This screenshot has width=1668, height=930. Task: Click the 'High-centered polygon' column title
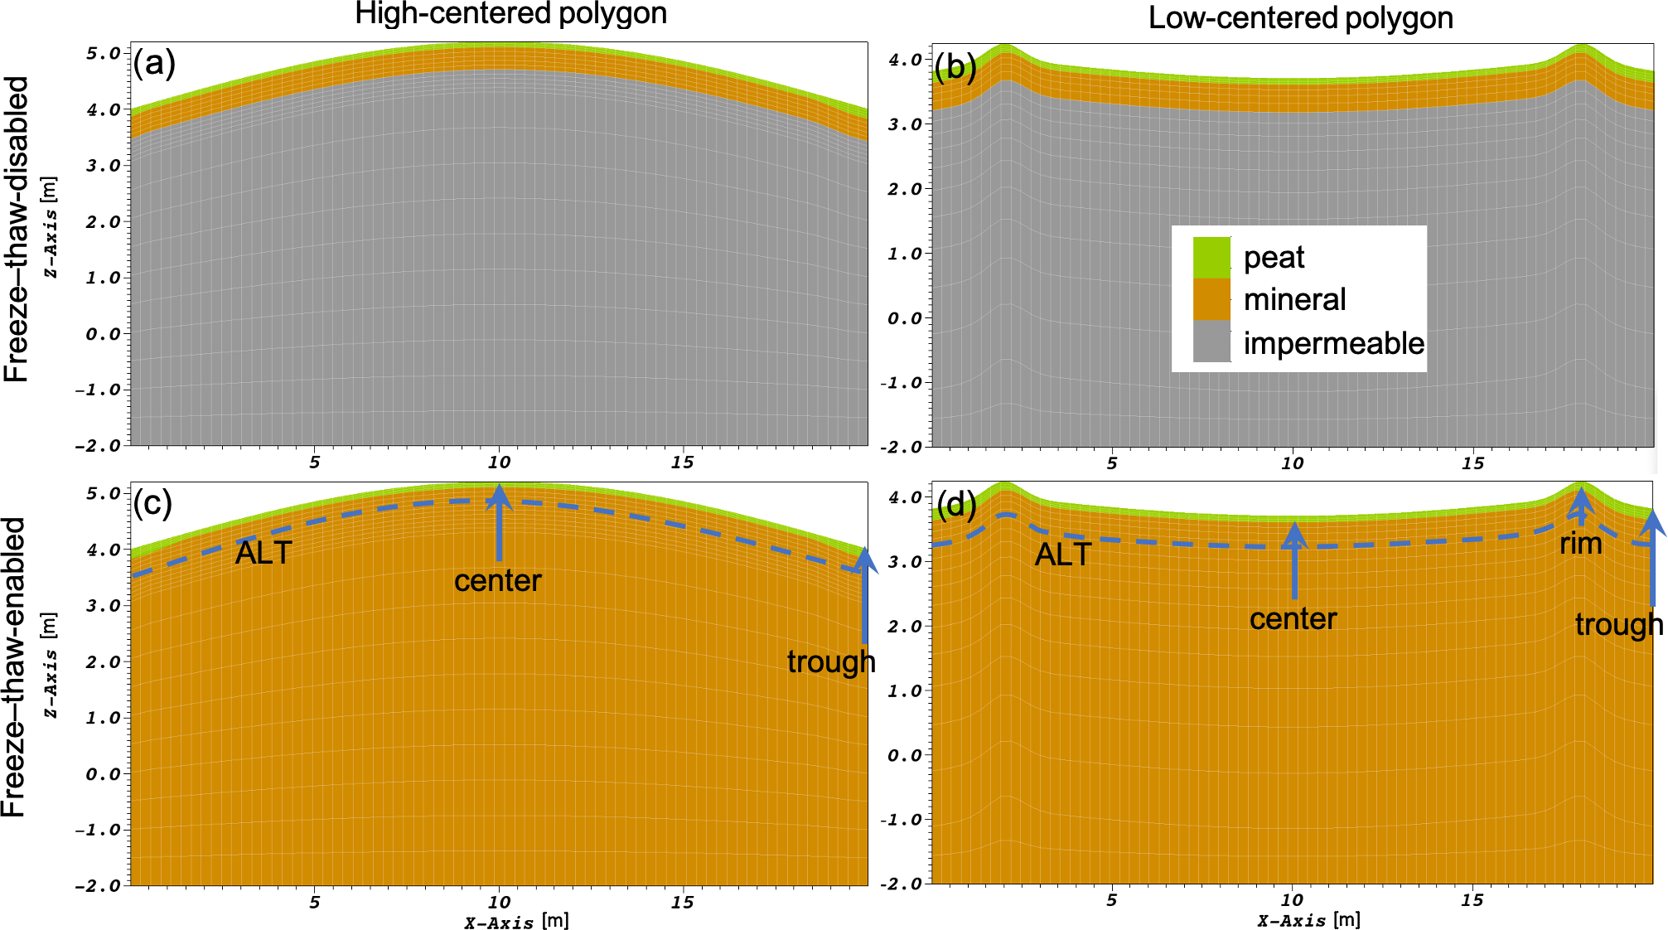510,14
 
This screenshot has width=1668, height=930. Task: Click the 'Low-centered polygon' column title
1300,17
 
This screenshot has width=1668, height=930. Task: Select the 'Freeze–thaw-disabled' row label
17,230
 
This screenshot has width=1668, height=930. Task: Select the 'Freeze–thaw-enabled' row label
14,667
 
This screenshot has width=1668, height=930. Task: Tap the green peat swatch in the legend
1211,258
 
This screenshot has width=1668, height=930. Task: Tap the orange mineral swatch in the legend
1211,299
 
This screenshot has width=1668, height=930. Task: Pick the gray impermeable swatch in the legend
1211,341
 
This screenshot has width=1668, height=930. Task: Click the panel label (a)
154,63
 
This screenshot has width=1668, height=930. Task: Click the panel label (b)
955,67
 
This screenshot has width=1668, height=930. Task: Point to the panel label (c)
153,503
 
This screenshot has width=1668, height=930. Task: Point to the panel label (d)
956,504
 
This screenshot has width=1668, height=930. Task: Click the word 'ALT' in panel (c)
263,553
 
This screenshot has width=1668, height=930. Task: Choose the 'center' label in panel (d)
1293,618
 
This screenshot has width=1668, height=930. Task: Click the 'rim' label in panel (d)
1580,544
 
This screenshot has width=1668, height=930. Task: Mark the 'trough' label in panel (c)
831,661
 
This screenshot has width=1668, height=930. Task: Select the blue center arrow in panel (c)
499,524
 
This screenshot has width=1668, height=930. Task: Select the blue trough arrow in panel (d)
1652,558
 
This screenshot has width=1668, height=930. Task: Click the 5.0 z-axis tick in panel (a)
103,53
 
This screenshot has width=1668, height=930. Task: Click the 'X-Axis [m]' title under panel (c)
516,921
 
